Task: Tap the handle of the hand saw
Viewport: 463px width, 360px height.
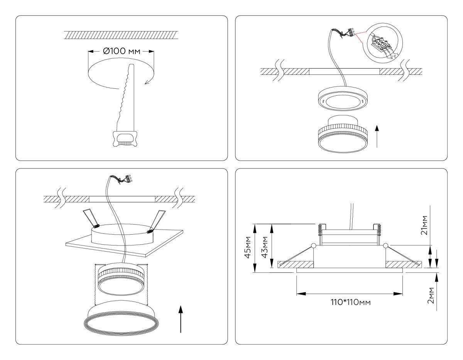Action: (x=124, y=139)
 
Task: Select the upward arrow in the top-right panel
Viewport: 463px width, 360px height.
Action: (x=377, y=137)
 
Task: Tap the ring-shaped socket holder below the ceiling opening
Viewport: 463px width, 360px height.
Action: (x=341, y=101)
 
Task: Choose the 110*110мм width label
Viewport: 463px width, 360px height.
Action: (x=349, y=302)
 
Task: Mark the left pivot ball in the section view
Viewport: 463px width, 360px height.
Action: (x=313, y=245)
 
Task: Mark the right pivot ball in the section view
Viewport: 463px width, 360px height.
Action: (x=385, y=245)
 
